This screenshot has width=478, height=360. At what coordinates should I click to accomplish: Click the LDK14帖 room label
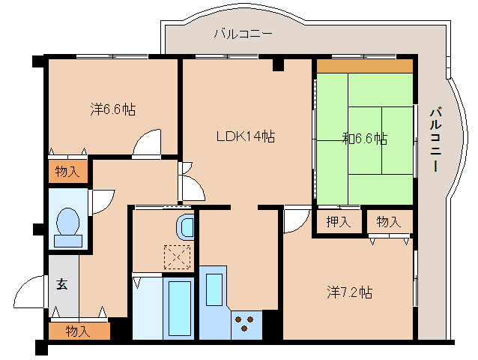pos(246,136)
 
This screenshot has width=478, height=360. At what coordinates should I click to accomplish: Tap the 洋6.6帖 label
pos(113,109)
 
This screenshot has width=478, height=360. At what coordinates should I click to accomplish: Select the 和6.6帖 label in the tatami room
pos(365,139)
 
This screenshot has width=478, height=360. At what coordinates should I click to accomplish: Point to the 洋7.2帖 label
pos(350,292)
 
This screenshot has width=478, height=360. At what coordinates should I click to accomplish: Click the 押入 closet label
pos(339,222)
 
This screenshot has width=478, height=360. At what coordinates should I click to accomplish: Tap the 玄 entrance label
pos(62,284)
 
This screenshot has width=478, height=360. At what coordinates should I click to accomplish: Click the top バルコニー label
pos(243,34)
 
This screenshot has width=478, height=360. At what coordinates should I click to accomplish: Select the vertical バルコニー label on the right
pos(436,139)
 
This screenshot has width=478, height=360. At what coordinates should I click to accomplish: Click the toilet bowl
pos(68,221)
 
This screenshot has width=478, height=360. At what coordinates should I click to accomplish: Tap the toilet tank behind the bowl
pos(68,241)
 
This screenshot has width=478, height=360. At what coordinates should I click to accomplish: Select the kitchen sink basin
pos(214,289)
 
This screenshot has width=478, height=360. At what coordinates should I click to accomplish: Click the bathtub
pos(179,308)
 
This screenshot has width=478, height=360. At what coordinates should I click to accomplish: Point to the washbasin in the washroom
pos(186,227)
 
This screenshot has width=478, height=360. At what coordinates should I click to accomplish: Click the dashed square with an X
pos(177,257)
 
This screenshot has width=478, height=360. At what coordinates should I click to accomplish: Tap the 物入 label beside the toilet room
pos(67,171)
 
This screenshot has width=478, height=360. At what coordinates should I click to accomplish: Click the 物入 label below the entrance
pos(78,331)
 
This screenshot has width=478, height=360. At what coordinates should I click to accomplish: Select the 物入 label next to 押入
pos(389,222)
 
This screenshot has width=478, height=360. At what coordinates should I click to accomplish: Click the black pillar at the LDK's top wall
pos(278,64)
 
